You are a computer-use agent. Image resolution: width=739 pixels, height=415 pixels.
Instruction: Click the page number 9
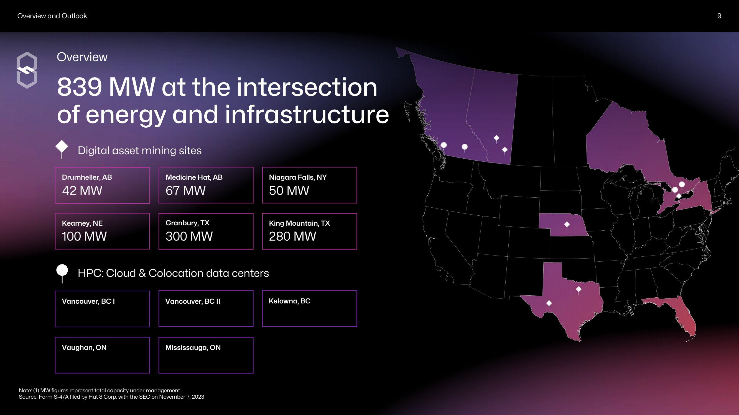719,16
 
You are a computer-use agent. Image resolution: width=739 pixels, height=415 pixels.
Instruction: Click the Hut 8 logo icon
27,70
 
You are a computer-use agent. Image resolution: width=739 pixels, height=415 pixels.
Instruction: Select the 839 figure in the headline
80,87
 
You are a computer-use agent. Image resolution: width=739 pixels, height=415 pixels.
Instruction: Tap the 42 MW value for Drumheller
82,190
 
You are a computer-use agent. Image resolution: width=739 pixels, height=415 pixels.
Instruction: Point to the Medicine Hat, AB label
194,177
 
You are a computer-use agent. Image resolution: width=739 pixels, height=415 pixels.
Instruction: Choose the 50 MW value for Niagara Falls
289,190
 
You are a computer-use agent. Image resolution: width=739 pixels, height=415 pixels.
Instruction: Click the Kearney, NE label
82,223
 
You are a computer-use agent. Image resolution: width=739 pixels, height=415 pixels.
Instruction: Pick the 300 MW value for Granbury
189,236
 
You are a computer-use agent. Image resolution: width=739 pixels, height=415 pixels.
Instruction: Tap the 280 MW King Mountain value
292,236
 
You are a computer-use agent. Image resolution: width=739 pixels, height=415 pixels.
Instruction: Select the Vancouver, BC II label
192,301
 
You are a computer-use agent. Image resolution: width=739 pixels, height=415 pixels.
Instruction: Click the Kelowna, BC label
289,301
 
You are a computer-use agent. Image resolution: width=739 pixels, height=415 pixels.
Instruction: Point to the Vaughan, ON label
84,347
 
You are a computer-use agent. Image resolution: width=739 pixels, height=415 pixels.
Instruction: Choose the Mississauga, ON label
193,347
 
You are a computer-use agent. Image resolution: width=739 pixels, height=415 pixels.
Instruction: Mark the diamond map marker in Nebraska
567,225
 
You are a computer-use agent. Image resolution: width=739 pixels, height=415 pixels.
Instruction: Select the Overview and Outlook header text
52,16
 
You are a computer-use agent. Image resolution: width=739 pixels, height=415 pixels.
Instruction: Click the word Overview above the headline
82,57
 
